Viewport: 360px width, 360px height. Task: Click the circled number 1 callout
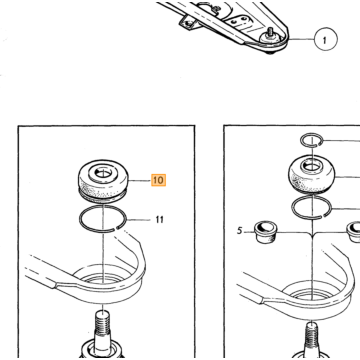[x=325, y=39]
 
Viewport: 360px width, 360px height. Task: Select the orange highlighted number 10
[x=158, y=180]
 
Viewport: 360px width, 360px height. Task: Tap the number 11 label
[x=159, y=220]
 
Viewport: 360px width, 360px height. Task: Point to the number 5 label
[x=239, y=231]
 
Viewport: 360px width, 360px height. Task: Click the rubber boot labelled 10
[x=103, y=182]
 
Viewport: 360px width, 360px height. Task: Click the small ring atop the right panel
[x=311, y=140]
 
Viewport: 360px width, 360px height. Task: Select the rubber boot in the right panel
[x=311, y=175]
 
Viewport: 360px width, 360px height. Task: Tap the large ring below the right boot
[x=311, y=207]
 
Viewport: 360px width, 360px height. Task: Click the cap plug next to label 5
[x=263, y=233]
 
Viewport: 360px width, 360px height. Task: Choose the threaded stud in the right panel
[x=312, y=337]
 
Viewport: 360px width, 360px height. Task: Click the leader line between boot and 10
[x=140, y=181]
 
